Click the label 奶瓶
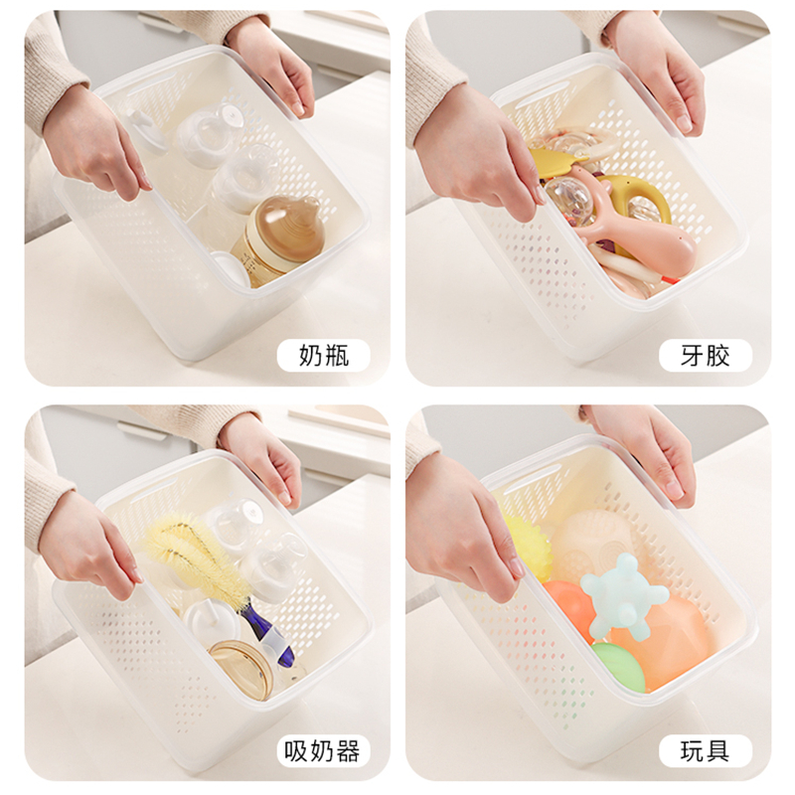[324, 355]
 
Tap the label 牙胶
[705, 355]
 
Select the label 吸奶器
[322, 751]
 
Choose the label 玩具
[705, 751]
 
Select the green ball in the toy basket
[618, 667]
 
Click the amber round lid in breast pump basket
[241, 668]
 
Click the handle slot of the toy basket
[521, 482]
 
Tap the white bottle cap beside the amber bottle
[231, 267]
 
